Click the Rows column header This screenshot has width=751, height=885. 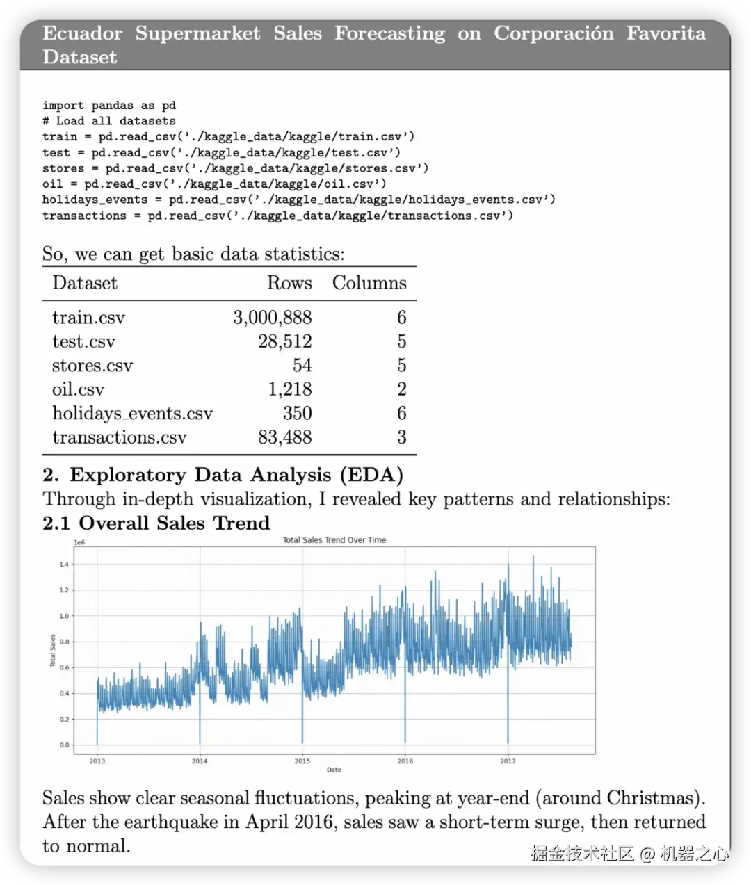pyautogui.click(x=289, y=283)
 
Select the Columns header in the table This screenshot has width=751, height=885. pyautogui.click(x=369, y=283)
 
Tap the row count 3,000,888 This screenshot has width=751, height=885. pyautogui.click(x=272, y=318)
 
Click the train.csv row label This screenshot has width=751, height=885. pyautogui.click(x=88, y=318)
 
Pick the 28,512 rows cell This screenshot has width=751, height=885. pyautogui.click(x=284, y=341)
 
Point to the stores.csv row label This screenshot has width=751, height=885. pyautogui.click(x=92, y=366)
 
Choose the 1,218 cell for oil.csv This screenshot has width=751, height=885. pyautogui.click(x=289, y=389)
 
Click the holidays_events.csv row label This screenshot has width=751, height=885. pyautogui.click(x=132, y=414)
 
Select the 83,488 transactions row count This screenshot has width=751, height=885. pyautogui.click(x=284, y=437)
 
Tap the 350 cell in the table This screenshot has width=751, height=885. pyautogui.click(x=297, y=414)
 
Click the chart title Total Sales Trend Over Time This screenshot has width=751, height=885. pyautogui.click(x=334, y=540)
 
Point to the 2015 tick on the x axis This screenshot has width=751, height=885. pyautogui.click(x=302, y=761)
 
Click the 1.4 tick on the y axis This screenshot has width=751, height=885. pyautogui.click(x=64, y=565)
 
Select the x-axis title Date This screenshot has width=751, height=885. pyautogui.click(x=334, y=770)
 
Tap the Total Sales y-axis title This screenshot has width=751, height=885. pyautogui.click(x=52, y=651)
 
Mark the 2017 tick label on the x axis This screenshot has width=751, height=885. pyautogui.click(x=508, y=761)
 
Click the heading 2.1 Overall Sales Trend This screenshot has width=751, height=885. pyautogui.click(x=156, y=523)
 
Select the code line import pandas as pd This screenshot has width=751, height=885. pyautogui.click(x=109, y=106)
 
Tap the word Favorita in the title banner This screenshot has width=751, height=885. pyautogui.click(x=665, y=33)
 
